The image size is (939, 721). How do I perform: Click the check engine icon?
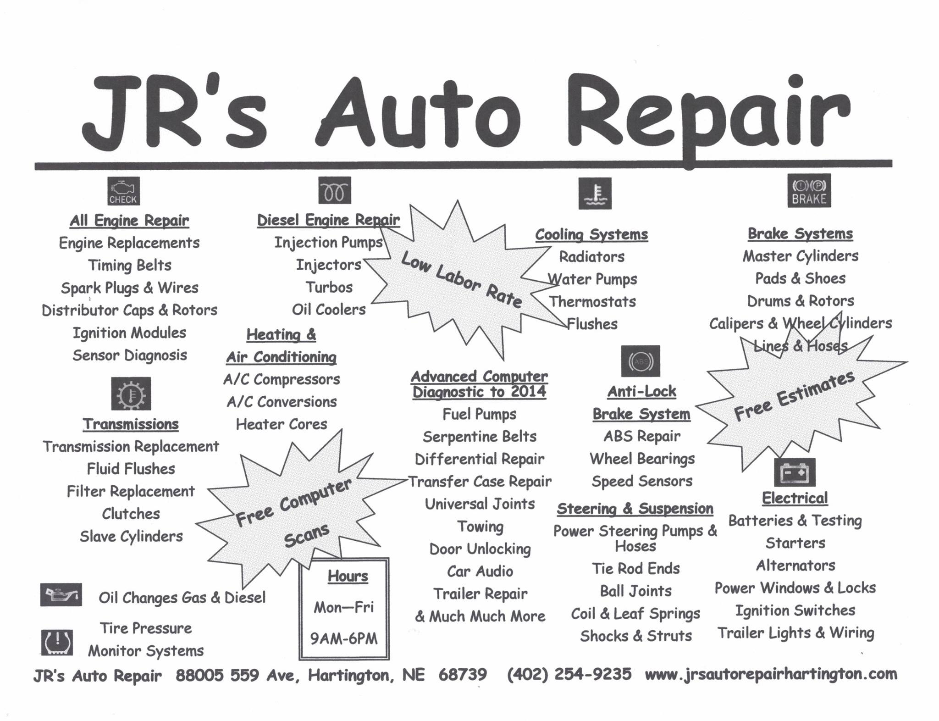tap(123, 191)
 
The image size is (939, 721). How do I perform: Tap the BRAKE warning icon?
tap(809, 190)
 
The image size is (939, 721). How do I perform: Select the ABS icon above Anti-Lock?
tap(641, 361)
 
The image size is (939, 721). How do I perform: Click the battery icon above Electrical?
tap(795, 472)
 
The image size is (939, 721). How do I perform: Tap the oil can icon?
tap(61, 595)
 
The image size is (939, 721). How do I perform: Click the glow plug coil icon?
tap(334, 190)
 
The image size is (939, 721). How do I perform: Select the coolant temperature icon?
tap(595, 193)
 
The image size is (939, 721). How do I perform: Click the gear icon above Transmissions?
tap(131, 394)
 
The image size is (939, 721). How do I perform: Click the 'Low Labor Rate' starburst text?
tap(461, 280)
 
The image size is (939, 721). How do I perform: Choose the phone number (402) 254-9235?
tap(569, 674)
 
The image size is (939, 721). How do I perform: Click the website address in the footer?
tap(771, 674)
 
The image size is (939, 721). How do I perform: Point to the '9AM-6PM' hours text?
tap(344, 638)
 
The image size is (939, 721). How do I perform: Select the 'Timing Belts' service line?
tap(130, 265)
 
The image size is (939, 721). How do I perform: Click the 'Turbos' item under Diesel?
tap(329, 287)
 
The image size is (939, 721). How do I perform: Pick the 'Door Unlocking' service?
tap(480, 549)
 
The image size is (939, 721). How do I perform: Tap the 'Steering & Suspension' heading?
tap(635, 508)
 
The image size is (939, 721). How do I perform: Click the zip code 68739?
tap(463, 674)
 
